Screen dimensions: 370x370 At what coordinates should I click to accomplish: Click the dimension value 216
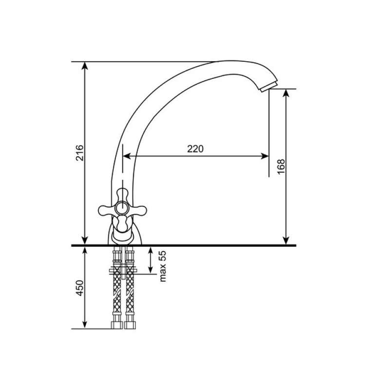[x=79, y=153]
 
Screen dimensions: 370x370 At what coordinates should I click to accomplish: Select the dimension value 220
[x=195, y=149]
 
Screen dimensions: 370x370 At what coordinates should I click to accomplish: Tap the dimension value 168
[x=281, y=166]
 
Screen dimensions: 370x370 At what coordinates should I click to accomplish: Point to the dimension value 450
[x=79, y=288]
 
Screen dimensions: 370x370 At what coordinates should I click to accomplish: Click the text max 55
[x=163, y=266]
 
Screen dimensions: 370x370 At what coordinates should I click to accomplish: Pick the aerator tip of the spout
[x=269, y=87]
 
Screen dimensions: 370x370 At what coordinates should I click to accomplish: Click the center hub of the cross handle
[x=122, y=208]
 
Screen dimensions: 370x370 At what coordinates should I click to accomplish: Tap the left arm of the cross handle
[x=107, y=210]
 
